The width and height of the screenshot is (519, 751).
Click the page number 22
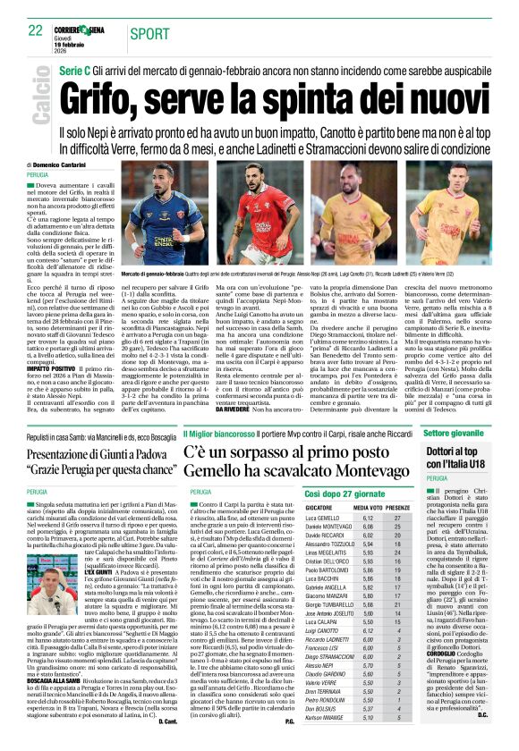tap(35, 30)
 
